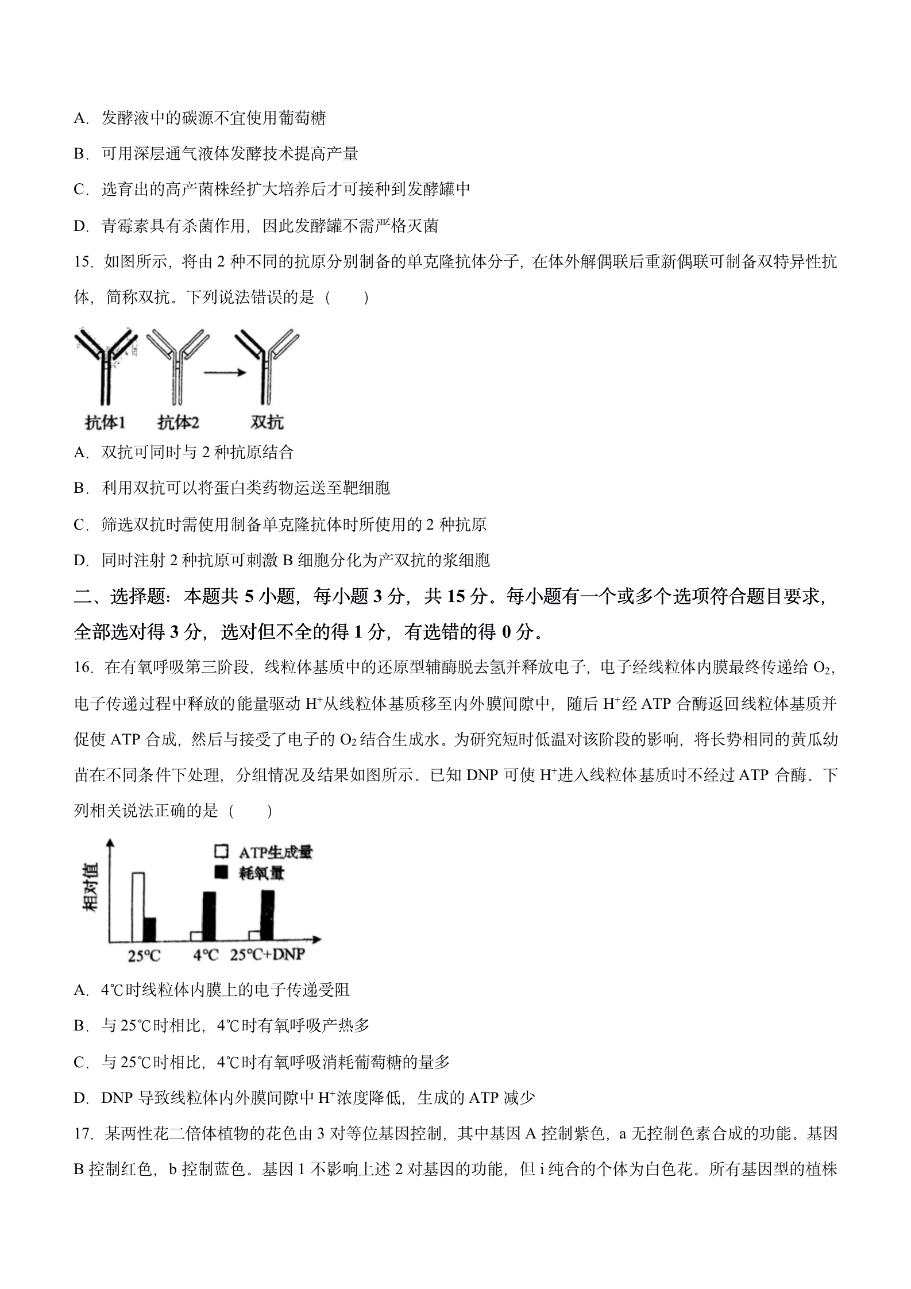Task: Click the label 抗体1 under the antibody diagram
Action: click(x=105, y=423)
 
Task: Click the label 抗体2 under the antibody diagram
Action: click(x=178, y=423)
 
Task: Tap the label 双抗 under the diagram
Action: click(x=268, y=423)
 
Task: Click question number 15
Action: click(x=84, y=262)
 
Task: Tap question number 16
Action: click(x=84, y=667)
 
